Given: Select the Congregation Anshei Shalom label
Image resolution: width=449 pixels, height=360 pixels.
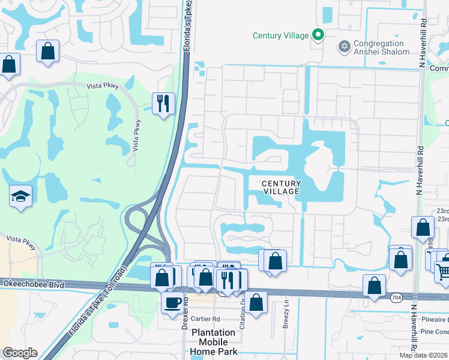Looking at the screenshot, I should click(x=379, y=47).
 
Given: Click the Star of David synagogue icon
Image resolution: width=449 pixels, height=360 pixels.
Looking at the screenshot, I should click(x=345, y=46).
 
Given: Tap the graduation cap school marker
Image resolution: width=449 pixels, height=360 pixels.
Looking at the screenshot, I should click(x=21, y=196).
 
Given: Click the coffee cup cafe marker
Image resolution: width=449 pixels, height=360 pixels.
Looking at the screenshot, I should click(x=173, y=302).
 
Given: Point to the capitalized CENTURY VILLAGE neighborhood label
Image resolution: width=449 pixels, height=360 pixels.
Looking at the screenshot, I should click(x=281, y=187).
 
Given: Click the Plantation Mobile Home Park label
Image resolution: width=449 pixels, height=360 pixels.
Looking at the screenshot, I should click(x=214, y=342).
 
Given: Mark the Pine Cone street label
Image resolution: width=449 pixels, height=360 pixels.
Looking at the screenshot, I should click(x=435, y=331).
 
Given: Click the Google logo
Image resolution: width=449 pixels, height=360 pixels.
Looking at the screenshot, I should click(x=20, y=353).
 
